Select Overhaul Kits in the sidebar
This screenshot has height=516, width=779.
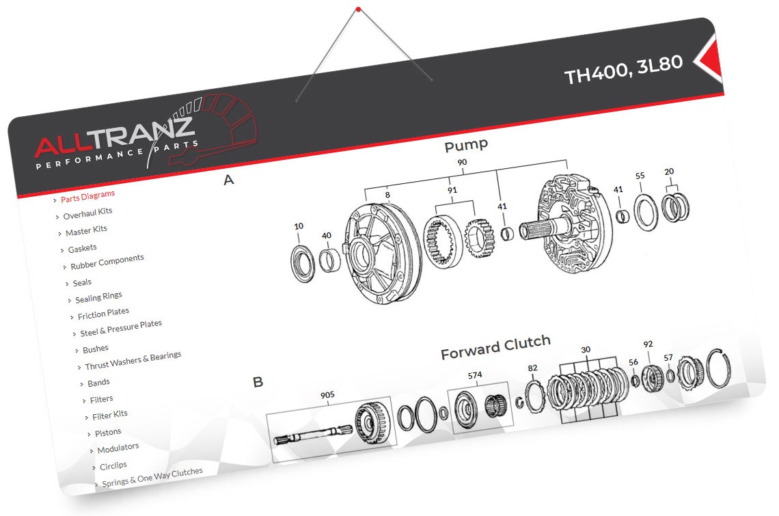click(x=87, y=214)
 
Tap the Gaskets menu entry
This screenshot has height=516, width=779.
click(x=82, y=248)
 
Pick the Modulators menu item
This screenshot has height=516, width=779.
click(x=118, y=449)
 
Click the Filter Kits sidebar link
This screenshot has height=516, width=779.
click(x=110, y=415)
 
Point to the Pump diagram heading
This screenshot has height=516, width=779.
click(x=466, y=145)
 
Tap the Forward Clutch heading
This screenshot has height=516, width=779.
click(x=495, y=349)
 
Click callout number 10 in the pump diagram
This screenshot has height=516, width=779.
click(x=299, y=226)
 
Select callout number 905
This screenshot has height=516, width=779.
click(x=327, y=394)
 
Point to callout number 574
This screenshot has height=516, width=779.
click(x=475, y=375)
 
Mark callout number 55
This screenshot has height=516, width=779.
click(x=640, y=176)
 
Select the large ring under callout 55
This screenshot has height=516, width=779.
click(x=643, y=212)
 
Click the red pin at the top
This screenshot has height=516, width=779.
click(x=358, y=9)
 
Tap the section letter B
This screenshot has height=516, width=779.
click(x=258, y=382)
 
